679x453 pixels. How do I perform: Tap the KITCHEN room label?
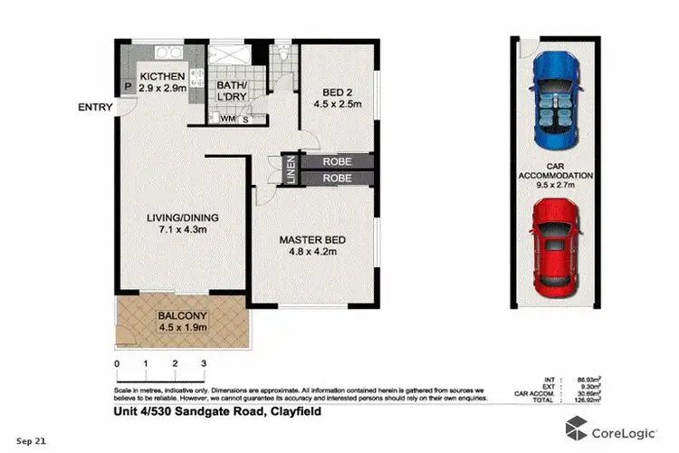[163, 76]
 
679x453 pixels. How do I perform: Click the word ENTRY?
[96, 108]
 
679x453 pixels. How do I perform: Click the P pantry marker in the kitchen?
[128, 88]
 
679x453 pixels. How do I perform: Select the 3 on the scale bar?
[205, 363]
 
